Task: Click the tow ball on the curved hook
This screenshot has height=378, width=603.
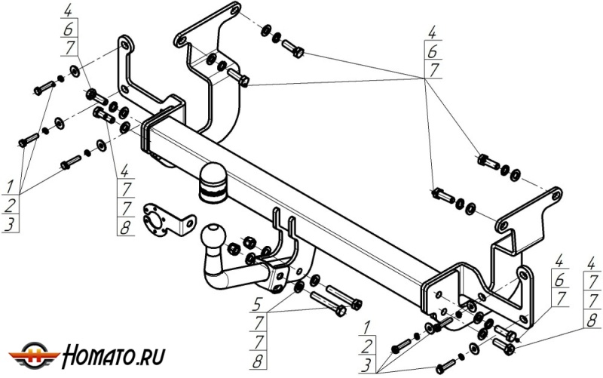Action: pyautogui.click(x=211, y=232)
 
